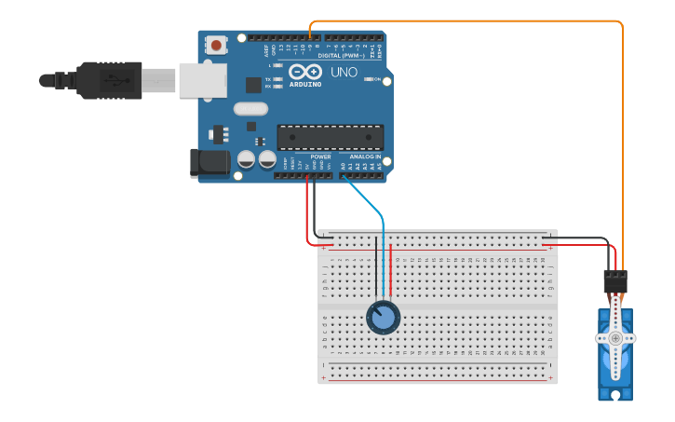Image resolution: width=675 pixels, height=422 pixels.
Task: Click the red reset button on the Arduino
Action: pyautogui.click(x=217, y=44)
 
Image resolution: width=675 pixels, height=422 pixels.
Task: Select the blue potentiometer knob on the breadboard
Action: pyautogui.click(x=383, y=318)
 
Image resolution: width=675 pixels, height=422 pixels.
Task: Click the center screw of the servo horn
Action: pyautogui.click(x=615, y=337)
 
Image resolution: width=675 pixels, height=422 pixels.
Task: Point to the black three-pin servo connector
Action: pyautogui.click(x=615, y=279)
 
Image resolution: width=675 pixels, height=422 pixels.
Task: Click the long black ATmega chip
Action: pyautogui.click(x=330, y=138)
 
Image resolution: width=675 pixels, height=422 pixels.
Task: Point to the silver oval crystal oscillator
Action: pyautogui.click(x=250, y=109)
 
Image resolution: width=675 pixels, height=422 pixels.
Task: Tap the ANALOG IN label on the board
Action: pyautogui.click(x=365, y=157)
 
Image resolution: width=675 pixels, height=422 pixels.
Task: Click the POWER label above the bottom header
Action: pyautogui.click(x=320, y=157)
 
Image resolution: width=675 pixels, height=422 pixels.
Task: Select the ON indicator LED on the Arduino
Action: pyautogui.click(x=367, y=80)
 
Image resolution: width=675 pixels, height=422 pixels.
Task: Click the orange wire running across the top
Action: pyautogui.click(x=466, y=20)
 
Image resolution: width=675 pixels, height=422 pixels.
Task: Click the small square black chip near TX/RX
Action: pyautogui.click(x=253, y=85)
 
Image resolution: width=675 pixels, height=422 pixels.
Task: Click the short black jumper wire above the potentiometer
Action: pyautogui.click(x=376, y=265)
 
